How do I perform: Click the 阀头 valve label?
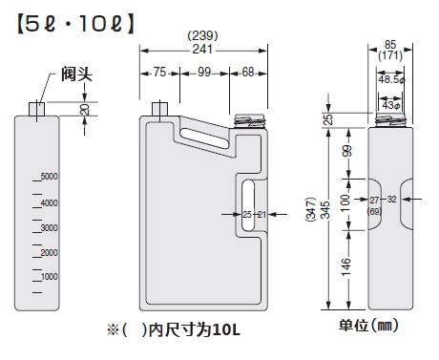click(x=76, y=74)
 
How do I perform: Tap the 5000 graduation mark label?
click(x=50, y=176)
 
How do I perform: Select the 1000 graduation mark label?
click(x=50, y=276)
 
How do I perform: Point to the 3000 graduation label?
click(x=50, y=227)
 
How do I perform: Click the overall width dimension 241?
click(x=202, y=50)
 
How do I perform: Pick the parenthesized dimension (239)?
click(x=202, y=35)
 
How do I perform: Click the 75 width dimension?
click(x=159, y=72)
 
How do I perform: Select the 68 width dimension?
click(x=248, y=72)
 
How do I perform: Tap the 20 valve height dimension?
click(x=85, y=110)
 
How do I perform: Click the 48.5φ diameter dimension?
click(x=391, y=79)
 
